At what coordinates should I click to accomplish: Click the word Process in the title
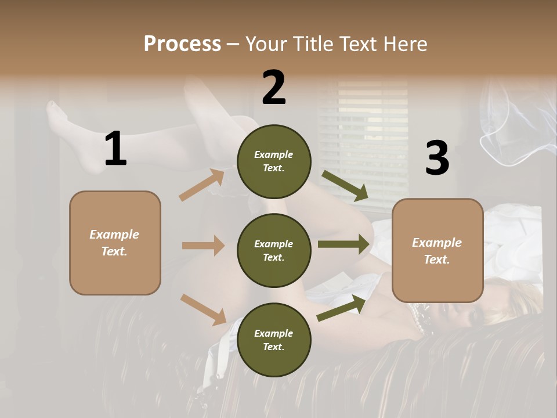pos(182,44)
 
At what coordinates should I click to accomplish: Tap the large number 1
pos(115,149)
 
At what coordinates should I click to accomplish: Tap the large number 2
pos(274,88)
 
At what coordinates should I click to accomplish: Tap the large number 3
pos(437,158)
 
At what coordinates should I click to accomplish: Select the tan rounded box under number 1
pos(115,243)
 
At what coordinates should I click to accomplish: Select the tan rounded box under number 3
pos(437,250)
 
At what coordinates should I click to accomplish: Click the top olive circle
pos(274,161)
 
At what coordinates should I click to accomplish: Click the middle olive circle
pos(274,250)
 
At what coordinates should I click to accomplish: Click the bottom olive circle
pos(274,340)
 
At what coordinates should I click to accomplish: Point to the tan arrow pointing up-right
pos(202,185)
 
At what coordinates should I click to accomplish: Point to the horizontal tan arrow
pos(203,246)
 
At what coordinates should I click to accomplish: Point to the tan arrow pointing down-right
pos(204,309)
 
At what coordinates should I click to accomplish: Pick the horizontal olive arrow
pos(343,244)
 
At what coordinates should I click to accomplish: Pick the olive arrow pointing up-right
pos(341,308)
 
